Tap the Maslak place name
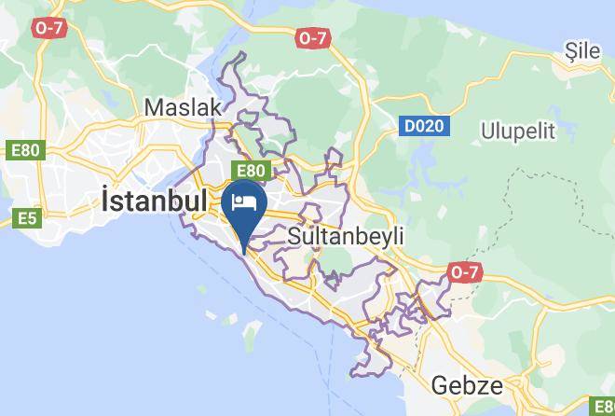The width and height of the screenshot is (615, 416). (184, 107)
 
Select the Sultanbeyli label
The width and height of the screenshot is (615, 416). (347, 236)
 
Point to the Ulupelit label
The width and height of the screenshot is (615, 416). (518, 130)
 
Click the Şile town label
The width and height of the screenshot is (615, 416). (583, 52)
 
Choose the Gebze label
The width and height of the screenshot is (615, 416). (468, 386)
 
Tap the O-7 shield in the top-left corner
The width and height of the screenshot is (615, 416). (48, 28)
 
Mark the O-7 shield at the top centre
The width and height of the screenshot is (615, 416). (313, 38)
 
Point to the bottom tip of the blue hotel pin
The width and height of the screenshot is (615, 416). (244, 251)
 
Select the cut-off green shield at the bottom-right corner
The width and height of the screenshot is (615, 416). (606, 405)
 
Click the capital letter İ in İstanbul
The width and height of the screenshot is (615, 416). (105, 201)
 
